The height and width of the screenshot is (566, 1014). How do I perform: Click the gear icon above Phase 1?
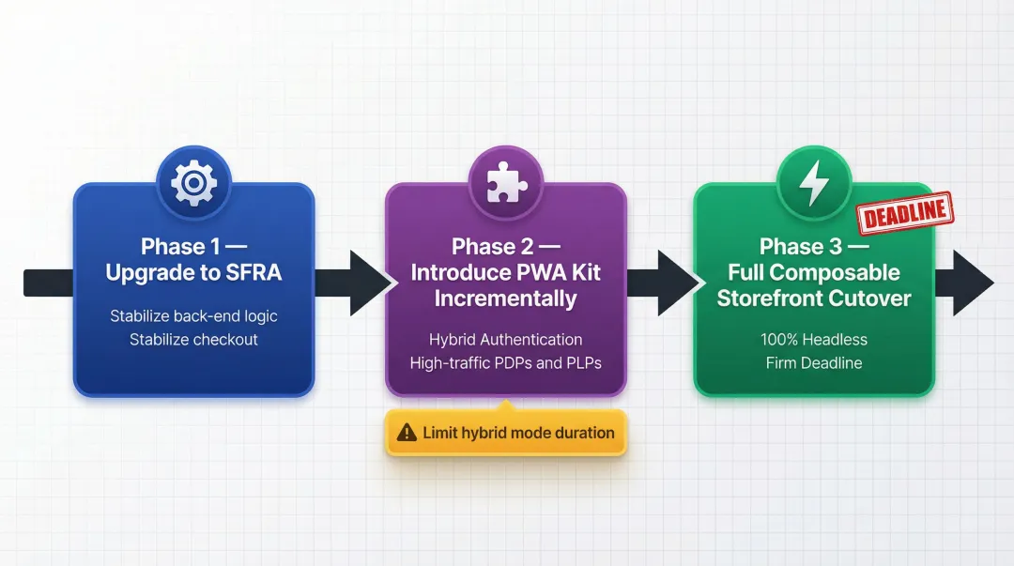(x=193, y=183)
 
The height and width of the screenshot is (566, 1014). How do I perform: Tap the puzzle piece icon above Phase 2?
(x=506, y=183)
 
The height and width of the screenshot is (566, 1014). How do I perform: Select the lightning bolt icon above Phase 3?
(x=813, y=183)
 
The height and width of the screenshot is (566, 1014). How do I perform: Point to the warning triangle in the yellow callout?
(x=407, y=433)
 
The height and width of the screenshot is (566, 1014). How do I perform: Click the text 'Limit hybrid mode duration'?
(x=518, y=433)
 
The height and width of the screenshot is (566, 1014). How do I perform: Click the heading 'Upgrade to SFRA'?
(x=193, y=273)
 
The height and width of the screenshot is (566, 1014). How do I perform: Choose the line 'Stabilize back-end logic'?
(x=193, y=315)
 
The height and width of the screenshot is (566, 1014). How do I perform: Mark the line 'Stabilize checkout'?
(x=193, y=339)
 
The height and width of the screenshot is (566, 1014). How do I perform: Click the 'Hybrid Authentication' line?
(x=506, y=339)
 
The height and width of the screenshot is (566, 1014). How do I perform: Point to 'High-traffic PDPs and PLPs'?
(x=506, y=362)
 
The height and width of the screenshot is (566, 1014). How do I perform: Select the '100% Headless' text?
(x=813, y=339)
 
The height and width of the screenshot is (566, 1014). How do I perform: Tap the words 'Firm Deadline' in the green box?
(x=813, y=362)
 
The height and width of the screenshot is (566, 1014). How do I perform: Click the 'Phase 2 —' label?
(x=506, y=247)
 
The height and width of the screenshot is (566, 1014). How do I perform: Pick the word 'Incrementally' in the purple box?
(x=506, y=298)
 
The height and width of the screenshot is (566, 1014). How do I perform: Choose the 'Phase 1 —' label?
(x=193, y=247)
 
